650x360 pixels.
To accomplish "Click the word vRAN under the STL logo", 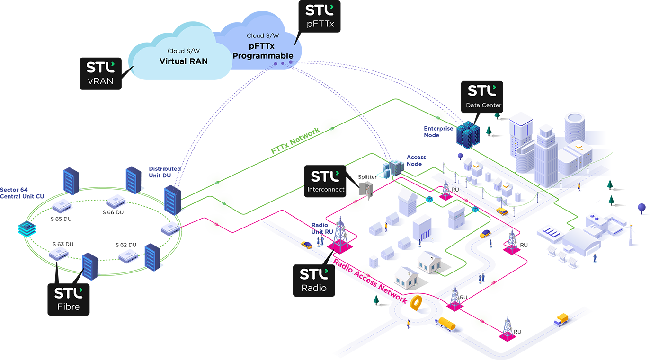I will [100, 81].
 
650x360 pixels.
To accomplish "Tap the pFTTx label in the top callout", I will [320, 24].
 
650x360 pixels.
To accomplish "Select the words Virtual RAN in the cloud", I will [183, 61].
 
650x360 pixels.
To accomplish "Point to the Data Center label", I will [483, 105].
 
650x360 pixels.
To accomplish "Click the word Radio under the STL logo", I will [313, 288].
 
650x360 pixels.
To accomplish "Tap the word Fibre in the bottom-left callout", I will [68, 307].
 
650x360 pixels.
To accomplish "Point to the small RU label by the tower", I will [455, 190].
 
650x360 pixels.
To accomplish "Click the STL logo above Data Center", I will [482, 90].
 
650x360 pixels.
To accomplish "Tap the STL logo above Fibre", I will [69, 293].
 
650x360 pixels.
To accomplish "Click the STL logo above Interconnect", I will [325, 176].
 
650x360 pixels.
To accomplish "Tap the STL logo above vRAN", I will [100, 67].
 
